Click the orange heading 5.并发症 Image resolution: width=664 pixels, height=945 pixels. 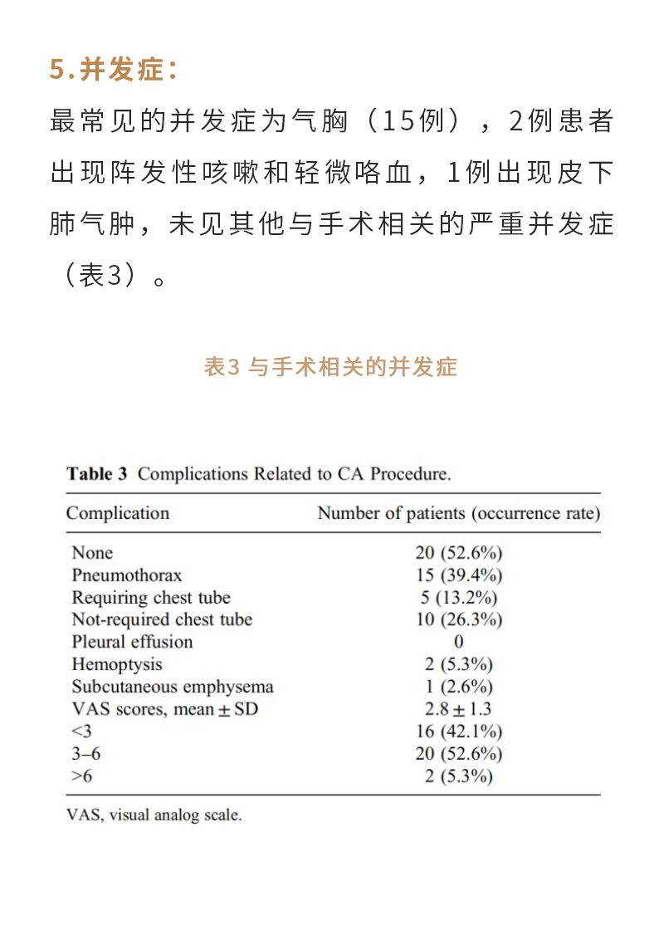pos(114,71)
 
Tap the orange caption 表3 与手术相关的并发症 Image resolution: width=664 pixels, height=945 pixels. pos(330,367)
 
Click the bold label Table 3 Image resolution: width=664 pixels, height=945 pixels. pos(97,474)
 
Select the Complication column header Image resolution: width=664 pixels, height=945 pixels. pos(117,513)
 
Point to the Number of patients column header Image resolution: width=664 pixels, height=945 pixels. pos(458,513)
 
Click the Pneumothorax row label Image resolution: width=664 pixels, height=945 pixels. pos(126,575)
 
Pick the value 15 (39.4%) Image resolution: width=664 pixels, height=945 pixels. pos(458,575)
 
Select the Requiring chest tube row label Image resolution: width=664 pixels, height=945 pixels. pos(151,597)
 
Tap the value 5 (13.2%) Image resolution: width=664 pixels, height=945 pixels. pos(458,597)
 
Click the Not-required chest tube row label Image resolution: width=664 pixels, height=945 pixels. pos(162,619)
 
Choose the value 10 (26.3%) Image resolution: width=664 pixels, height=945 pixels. pos(458,619)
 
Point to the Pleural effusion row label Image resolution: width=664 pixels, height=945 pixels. pos(132,642)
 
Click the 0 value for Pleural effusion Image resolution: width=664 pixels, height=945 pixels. pos(459,642)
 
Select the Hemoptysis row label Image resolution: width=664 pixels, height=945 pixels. pos(117,664)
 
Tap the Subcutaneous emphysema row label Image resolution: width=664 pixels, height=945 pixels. pos(172,687)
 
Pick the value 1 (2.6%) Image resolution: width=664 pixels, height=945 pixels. pos(458,687)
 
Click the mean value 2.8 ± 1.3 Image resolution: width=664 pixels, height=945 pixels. pos(458,709)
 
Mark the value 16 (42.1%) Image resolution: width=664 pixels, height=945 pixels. pos(458,732)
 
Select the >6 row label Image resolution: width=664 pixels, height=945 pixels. pos(82,776)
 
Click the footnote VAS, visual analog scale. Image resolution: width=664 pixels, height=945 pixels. pos(154,815)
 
